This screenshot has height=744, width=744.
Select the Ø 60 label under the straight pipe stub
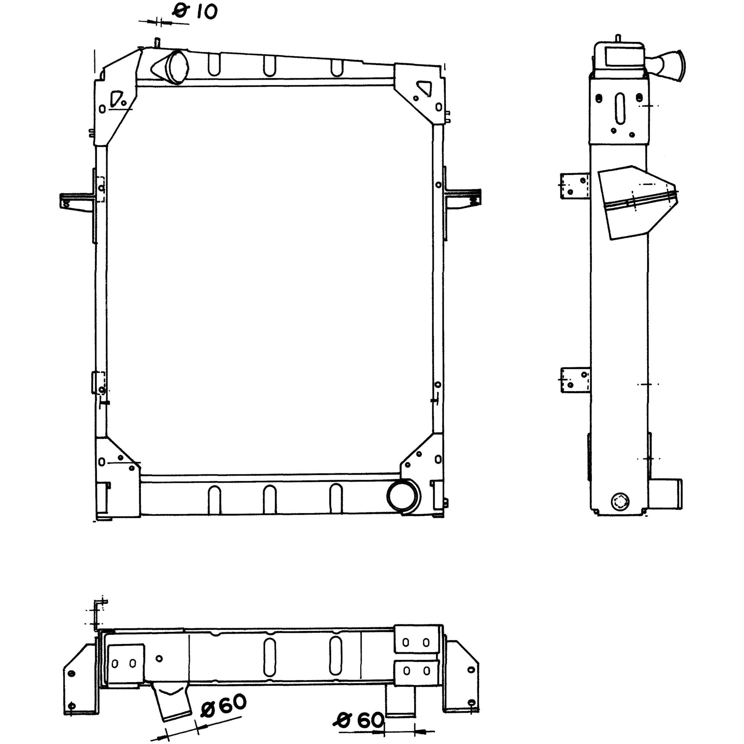[360, 721]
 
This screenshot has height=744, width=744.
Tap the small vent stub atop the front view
[157, 42]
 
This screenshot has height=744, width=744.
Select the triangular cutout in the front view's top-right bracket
[425, 88]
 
